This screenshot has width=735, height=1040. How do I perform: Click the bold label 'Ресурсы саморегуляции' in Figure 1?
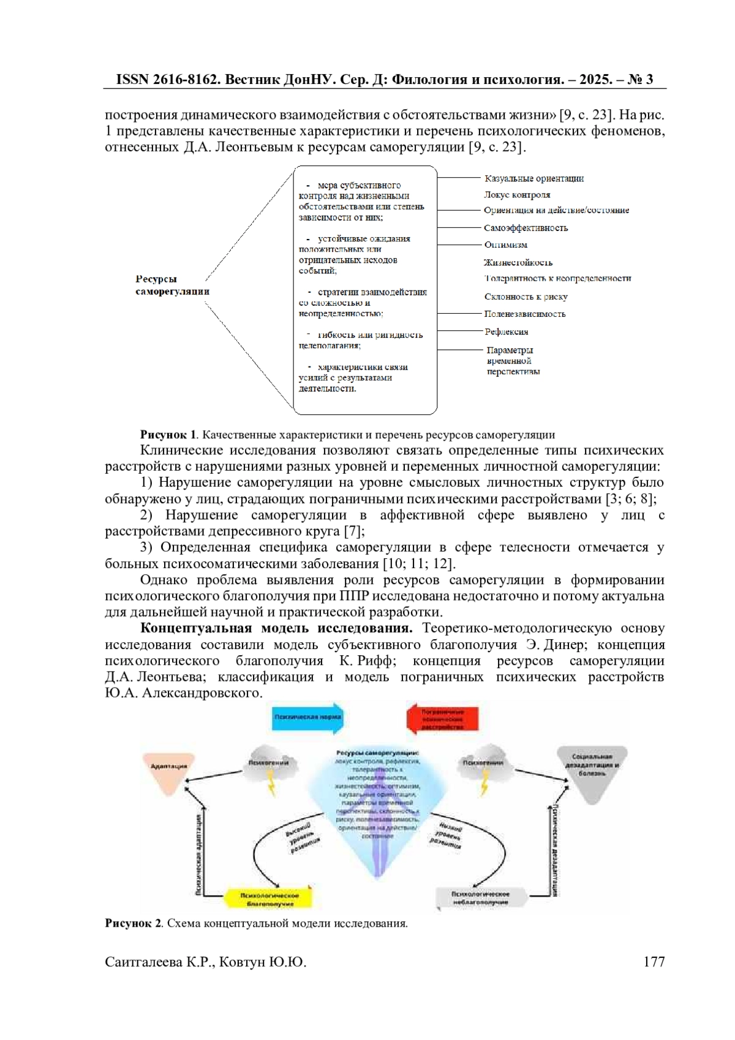(x=172, y=286)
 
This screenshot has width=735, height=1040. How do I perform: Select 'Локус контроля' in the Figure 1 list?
(x=517, y=195)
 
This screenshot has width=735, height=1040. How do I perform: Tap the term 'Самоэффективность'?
(x=526, y=228)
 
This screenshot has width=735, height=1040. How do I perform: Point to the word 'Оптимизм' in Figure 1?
(x=505, y=245)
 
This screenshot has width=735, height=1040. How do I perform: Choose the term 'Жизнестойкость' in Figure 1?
(x=518, y=263)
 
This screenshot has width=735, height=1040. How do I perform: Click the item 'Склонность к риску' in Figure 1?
(x=526, y=297)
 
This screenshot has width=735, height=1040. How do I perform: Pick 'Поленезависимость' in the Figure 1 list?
(x=524, y=314)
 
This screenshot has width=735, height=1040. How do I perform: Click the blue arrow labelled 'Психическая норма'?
(x=307, y=717)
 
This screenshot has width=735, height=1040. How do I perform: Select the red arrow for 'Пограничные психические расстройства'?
(x=442, y=719)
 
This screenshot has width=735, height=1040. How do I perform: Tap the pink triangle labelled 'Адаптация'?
(x=168, y=769)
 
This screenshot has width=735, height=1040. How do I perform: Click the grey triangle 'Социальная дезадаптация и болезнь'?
(x=592, y=771)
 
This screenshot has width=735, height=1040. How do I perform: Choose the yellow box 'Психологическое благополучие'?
(x=269, y=899)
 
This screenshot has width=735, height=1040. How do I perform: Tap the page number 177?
(x=654, y=962)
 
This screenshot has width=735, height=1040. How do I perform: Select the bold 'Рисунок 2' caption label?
(x=133, y=924)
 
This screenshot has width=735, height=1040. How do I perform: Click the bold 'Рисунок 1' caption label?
(x=168, y=435)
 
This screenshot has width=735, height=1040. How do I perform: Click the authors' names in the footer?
(x=205, y=962)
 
